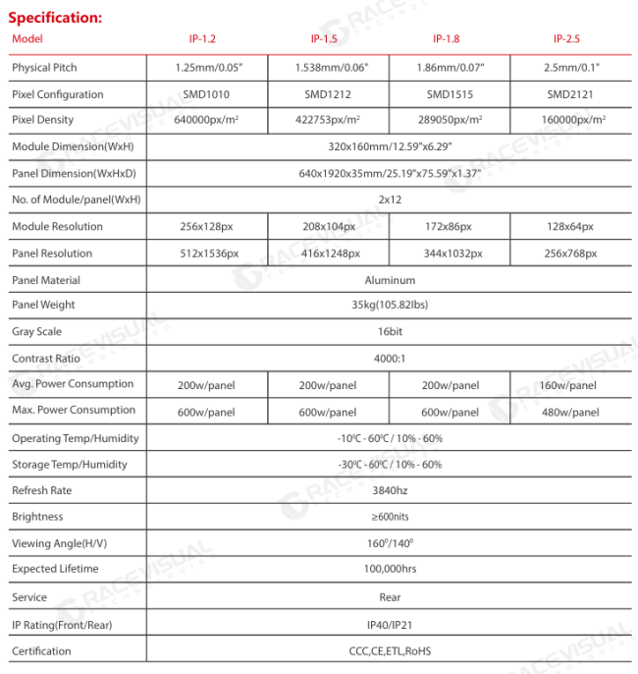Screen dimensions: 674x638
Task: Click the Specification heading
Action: click(x=55, y=18)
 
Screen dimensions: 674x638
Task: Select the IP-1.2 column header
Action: click(x=202, y=39)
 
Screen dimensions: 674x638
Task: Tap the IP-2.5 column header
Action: click(x=566, y=39)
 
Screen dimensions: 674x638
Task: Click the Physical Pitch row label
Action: click(x=44, y=68)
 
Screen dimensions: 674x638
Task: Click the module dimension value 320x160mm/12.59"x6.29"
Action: click(x=390, y=146)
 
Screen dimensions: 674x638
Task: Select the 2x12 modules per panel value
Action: click(x=390, y=199)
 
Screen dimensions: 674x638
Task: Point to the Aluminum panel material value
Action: click(x=390, y=280)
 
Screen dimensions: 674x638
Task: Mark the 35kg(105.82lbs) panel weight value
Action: click(x=390, y=305)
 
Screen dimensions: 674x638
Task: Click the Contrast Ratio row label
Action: click(x=46, y=359)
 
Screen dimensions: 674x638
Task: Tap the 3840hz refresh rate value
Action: click(x=390, y=490)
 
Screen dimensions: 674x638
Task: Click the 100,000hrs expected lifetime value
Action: click(x=390, y=569)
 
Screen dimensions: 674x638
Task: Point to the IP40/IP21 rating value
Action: click(x=390, y=624)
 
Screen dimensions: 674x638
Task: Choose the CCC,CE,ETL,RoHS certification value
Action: click(x=390, y=650)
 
